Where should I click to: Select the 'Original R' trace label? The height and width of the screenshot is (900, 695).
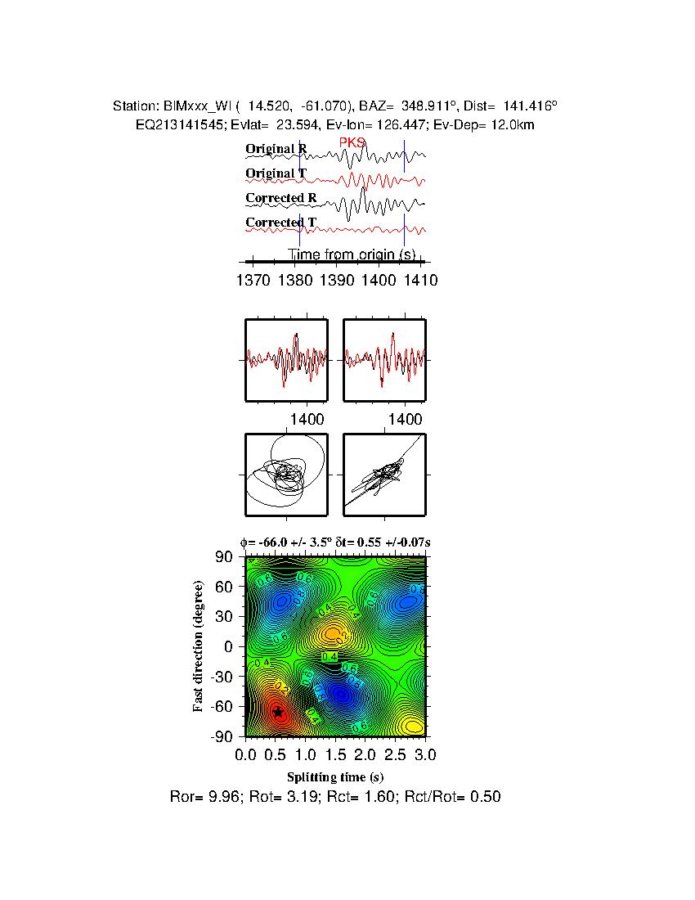[x=276, y=149]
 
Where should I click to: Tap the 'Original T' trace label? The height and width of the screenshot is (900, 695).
[x=276, y=173]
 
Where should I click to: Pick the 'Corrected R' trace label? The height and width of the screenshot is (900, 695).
[x=281, y=198]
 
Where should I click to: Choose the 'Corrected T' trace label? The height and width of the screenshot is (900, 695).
[x=281, y=223]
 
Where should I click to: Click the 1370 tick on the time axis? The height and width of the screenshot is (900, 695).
[x=252, y=280]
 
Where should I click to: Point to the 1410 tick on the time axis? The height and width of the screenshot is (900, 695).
[x=420, y=280]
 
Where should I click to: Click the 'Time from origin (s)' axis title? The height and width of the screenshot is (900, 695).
[x=352, y=254]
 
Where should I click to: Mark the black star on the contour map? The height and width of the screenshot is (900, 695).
[x=278, y=713]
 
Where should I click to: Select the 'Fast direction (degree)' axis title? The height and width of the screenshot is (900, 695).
[x=199, y=646]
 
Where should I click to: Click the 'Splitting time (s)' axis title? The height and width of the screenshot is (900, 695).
[x=335, y=776]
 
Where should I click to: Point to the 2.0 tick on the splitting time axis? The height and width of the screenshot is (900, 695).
[x=365, y=753]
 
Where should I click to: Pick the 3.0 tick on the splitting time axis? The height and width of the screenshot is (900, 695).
[x=425, y=753]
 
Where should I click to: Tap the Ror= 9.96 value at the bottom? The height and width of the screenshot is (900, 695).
[x=204, y=796]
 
